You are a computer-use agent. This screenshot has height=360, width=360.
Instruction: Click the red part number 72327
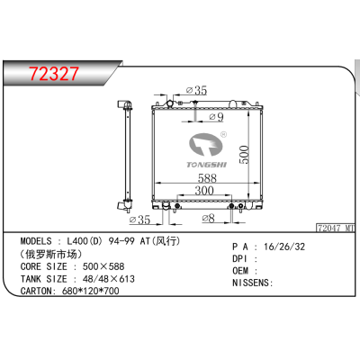tap(54, 74)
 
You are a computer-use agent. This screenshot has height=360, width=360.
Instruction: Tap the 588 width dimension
tap(207, 178)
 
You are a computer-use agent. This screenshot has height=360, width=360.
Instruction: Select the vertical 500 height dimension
tap(245, 154)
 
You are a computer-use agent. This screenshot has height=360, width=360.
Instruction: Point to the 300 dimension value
tap(204, 191)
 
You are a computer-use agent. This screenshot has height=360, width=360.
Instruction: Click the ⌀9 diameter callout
tap(216, 117)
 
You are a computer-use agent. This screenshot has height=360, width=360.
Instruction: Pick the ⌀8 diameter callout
tap(208, 218)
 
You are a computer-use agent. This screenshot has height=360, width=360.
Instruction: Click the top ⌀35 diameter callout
tap(196, 90)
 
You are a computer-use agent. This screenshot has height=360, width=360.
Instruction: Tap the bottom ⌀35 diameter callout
tap(139, 220)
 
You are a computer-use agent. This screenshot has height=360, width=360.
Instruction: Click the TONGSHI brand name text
tap(207, 165)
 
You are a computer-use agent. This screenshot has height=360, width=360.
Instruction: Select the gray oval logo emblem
tap(205, 145)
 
